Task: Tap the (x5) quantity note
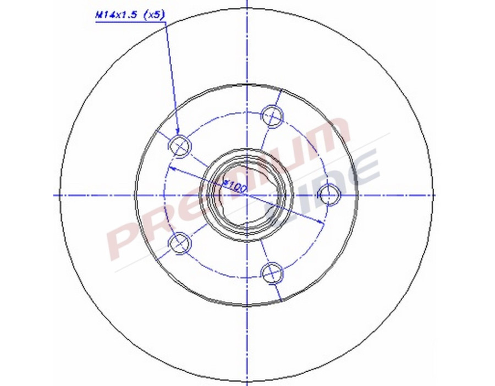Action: [154, 16]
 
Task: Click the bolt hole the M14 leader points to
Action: [180, 146]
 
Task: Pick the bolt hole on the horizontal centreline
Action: [329, 195]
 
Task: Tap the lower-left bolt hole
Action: [180, 243]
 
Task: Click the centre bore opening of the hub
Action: [246, 196]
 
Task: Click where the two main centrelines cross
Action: [248, 195]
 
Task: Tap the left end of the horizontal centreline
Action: [55, 195]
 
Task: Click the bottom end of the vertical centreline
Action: [248, 384]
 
